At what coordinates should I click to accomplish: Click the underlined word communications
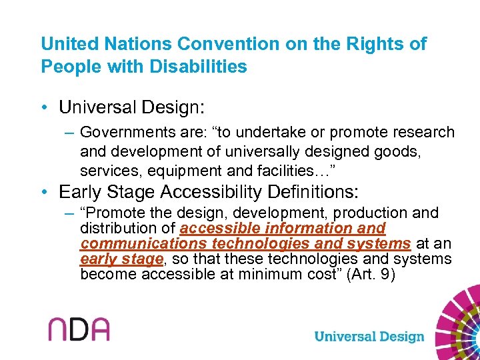143,243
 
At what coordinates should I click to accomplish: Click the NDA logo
78,329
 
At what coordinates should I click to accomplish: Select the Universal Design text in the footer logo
369,336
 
